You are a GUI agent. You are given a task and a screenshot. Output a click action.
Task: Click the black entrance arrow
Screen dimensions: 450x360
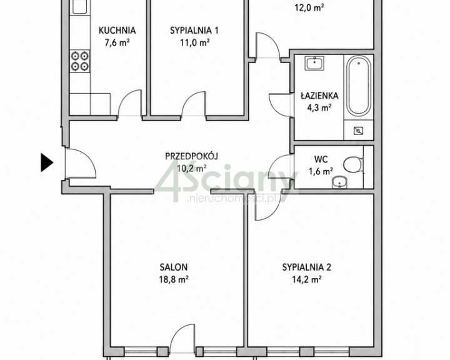click(46, 162)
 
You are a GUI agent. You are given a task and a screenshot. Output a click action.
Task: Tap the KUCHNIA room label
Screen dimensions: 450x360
click(117, 30)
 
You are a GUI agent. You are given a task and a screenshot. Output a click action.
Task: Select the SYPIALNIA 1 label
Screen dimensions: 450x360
click(194, 30)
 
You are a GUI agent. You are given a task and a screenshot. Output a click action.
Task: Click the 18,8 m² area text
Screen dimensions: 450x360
click(174, 279)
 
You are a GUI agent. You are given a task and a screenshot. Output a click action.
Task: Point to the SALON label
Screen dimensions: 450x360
click(174, 267)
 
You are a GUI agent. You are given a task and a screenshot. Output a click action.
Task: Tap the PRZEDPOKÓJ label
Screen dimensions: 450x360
click(192, 156)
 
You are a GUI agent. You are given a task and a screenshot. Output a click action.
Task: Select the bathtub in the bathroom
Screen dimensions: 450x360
click(359, 86)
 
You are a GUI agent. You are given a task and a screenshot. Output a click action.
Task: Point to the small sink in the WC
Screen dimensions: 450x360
click(339, 182)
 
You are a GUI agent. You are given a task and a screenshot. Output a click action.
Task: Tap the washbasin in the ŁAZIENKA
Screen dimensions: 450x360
click(315, 63)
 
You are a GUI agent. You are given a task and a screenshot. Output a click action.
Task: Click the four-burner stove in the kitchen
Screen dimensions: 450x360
click(79, 61)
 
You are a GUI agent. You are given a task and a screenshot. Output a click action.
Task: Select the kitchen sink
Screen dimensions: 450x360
click(79, 7)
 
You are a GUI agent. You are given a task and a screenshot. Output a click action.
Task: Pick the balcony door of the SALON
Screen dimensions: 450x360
click(182, 339)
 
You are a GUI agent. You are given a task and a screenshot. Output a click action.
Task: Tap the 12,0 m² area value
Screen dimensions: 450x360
click(309, 7)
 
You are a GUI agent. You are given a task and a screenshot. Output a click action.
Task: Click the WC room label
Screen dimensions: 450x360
click(321, 159)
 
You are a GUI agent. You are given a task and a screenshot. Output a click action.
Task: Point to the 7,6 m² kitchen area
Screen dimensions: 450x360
click(117, 42)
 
